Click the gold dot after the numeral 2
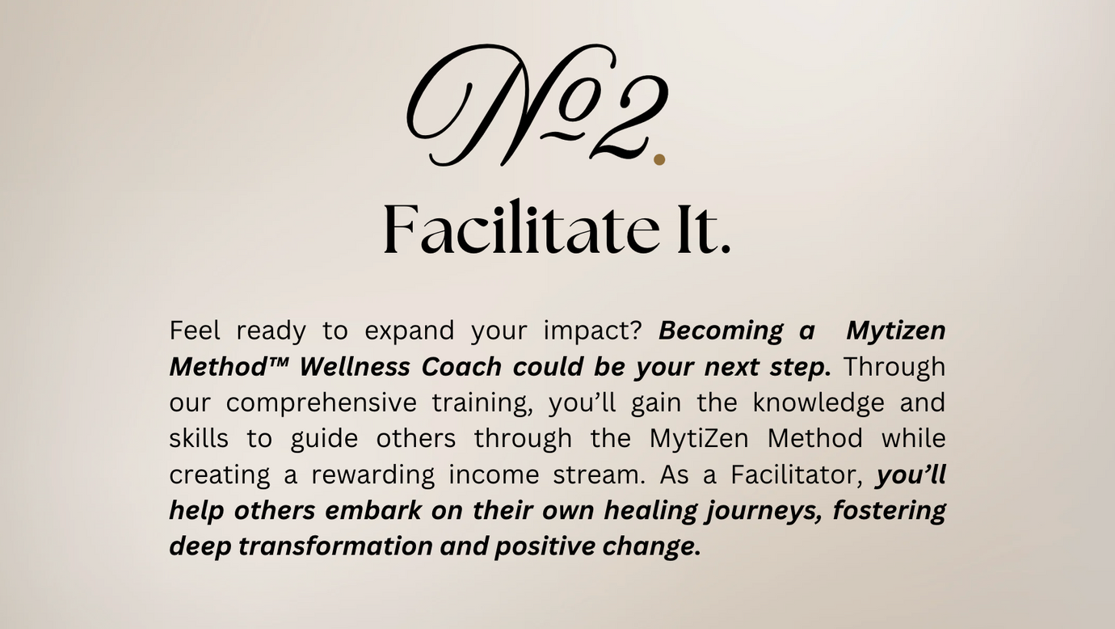pyautogui.click(x=659, y=159)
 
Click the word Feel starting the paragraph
pyautogui.click(x=195, y=330)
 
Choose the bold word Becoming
pyautogui.click(x=721, y=331)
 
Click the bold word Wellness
pyautogui.click(x=355, y=367)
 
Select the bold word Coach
pyautogui.click(x=461, y=367)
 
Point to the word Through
pyautogui.click(x=894, y=368)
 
